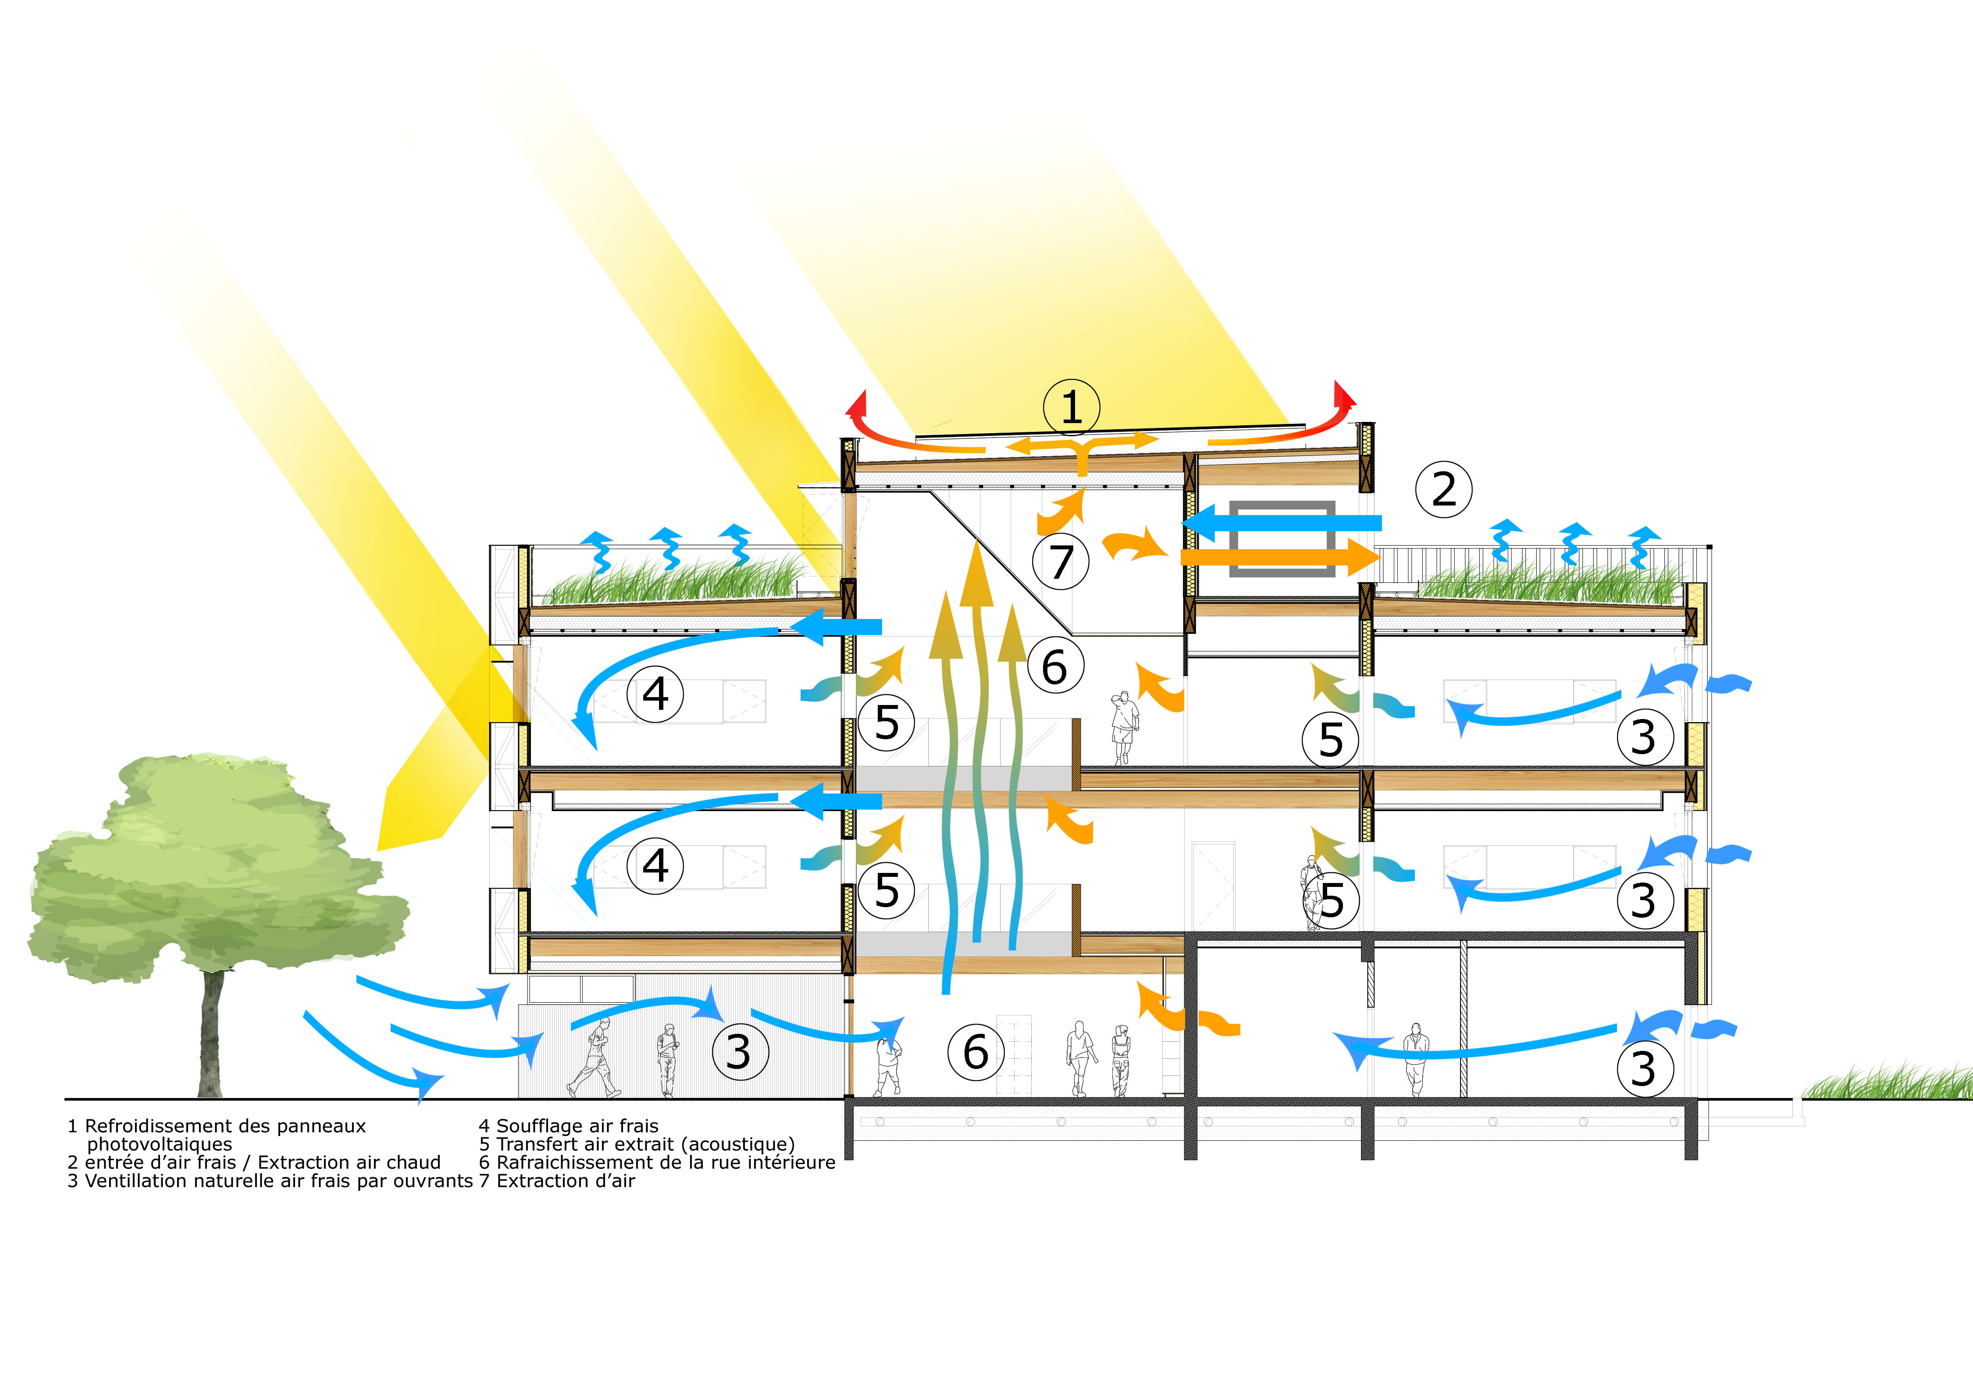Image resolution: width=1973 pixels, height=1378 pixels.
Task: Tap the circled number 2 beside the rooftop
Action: [1444, 490]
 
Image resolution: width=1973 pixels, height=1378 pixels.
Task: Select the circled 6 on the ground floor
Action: [976, 1052]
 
